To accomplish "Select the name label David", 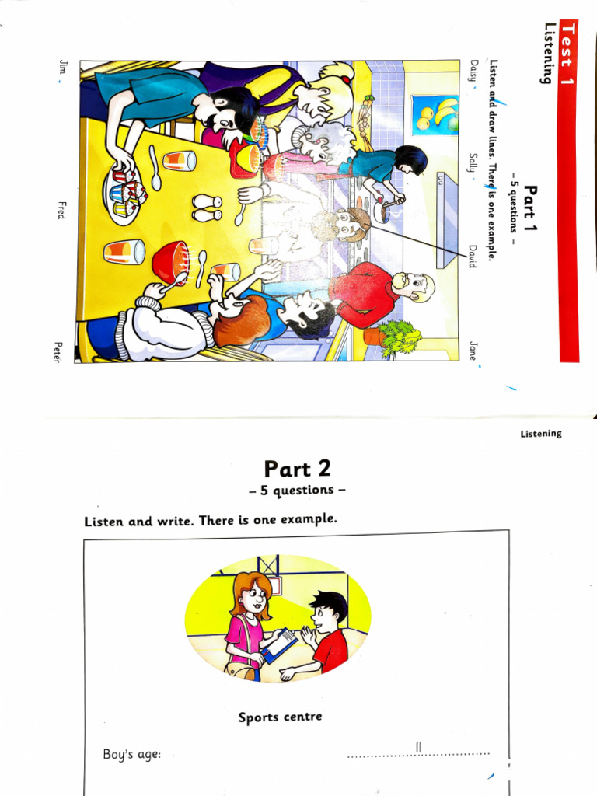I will (x=472, y=257).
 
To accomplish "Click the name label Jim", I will (x=61, y=68).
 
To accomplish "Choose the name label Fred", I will (x=61, y=209).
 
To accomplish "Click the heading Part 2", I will (x=297, y=469).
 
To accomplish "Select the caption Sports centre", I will (x=280, y=717).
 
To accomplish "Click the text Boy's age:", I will (x=132, y=754).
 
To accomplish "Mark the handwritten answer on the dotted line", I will (x=418, y=747).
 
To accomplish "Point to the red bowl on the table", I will (x=170, y=262).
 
